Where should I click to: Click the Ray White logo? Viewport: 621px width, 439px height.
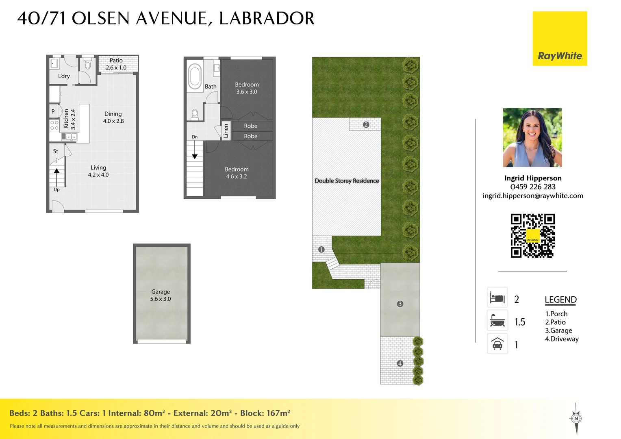tap(560, 39)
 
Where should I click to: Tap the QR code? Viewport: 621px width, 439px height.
tap(532, 236)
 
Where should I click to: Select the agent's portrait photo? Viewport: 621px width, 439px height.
tap(532, 137)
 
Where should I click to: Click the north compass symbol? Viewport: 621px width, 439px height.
tap(576, 418)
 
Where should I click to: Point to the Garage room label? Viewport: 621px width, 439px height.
tap(161, 295)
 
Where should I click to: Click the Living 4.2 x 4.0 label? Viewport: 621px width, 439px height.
tap(98, 171)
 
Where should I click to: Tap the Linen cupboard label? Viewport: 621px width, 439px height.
tap(226, 131)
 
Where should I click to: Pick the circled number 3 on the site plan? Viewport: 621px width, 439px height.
tap(400, 304)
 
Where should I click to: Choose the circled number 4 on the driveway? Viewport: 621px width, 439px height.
tap(400, 363)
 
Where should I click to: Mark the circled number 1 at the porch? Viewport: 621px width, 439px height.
tap(321, 250)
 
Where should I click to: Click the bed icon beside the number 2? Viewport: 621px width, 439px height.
tap(497, 298)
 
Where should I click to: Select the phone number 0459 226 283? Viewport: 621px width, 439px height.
tap(533, 187)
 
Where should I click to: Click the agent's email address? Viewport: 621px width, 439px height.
tap(533, 196)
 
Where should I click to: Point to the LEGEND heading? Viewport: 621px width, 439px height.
tap(560, 300)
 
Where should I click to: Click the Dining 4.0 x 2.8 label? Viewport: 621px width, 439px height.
tap(113, 117)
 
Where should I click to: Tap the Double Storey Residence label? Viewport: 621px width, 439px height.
tap(347, 181)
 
